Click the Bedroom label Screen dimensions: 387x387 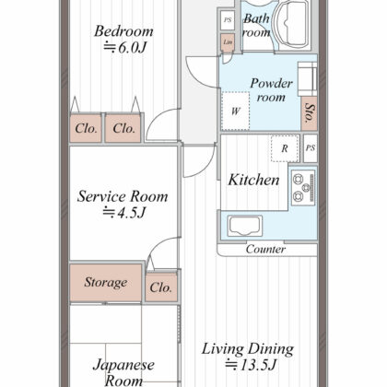coord(123,31)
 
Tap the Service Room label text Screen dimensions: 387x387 coord(123,196)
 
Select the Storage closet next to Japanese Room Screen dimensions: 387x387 coord(106,283)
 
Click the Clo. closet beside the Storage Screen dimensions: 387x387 coord(161,287)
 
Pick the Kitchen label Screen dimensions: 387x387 coord(253,180)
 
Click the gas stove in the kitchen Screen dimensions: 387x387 coord(303,187)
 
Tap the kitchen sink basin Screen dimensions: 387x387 coord(245,226)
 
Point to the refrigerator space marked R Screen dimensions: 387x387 coord(285,148)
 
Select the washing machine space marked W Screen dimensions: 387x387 coord(235,111)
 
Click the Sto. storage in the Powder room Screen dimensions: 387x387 coord(309,113)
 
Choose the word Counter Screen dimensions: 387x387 coord(265,249)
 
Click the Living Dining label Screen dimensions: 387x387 coord(248,349)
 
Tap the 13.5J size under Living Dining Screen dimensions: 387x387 coord(252,365)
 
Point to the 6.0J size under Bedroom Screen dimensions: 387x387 coord(124,48)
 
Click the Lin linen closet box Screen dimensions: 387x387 coord(228,42)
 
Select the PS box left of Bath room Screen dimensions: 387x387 coord(228,20)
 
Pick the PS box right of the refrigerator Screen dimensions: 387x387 coord(311,148)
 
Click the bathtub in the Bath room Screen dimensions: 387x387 coord(290,24)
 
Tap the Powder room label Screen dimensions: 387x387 coord(271,90)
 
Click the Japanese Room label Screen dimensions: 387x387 coord(123,372)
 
